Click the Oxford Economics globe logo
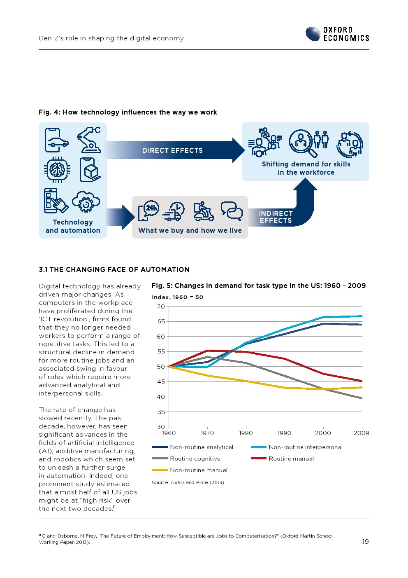pos(313,34)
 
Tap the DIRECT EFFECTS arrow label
pos(172,150)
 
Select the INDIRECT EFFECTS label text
pos(276,217)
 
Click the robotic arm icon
pos(89,140)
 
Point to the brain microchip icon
pos(57,169)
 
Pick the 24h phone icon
pos(148,211)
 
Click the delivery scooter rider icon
pos(203,211)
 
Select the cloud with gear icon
pos(86,201)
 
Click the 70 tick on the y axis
pos(161,307)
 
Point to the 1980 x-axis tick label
pos(246,433)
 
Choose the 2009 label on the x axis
pos(361,433)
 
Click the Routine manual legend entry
pos(291,459)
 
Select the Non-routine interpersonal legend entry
pos(305,447)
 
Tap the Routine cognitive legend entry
pos(195,459)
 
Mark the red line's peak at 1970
pos(208,351)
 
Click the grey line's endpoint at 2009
pos(361,398)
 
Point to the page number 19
pos(365,541)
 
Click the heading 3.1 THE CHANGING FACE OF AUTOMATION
pos(114,269)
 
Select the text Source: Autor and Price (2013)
pos(188,482)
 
